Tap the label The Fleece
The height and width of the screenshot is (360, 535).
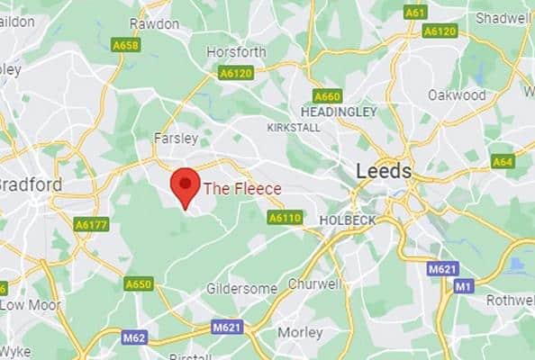[x=242, y=188]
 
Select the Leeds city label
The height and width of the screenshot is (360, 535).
[x=384, y=171]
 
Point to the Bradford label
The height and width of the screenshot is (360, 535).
[x=30, y=184]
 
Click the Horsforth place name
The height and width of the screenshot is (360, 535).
[x=237, y=52]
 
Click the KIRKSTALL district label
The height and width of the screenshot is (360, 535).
[x=294, y=128]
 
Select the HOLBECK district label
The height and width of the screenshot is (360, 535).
[x=348, y=219]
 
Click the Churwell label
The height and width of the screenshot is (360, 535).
[x=314, y=284]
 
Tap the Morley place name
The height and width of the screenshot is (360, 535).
[x=300, y=332]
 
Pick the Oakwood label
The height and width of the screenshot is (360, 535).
[x=457, y=94]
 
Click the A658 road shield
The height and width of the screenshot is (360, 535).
[x=124, y=44]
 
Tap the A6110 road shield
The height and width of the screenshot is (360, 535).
[x=284, y=217]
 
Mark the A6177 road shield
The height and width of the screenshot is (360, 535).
[x=91, y=224]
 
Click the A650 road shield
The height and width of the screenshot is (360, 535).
[x=139, y=284]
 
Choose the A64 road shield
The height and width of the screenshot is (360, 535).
[x=502, y=161]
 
